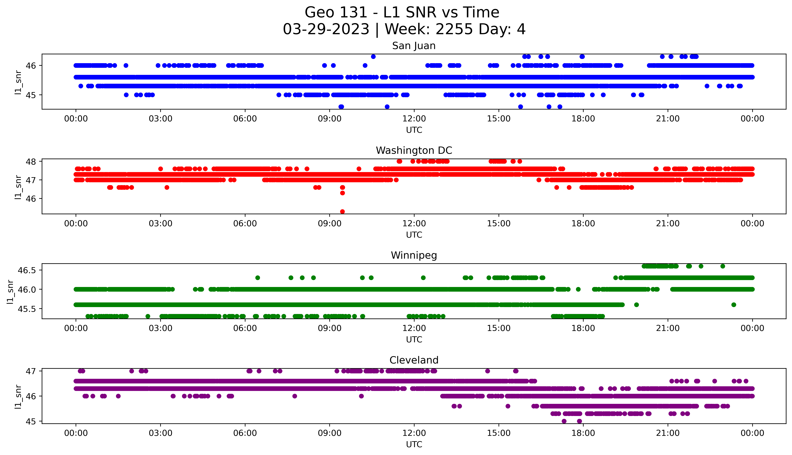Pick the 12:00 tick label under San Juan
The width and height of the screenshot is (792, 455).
click(x=414, y=119)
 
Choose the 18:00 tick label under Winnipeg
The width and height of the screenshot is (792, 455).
click(x=583, y=328)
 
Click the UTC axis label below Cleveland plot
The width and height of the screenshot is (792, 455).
click(x=414, y=444)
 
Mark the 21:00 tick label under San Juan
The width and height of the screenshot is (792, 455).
click(x=668, y=119)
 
